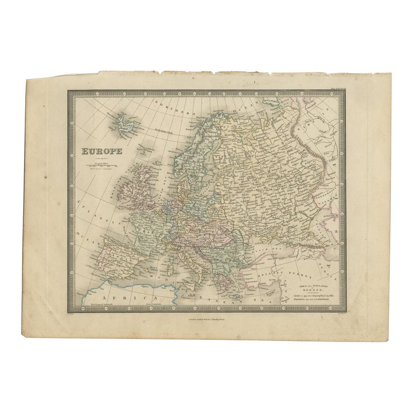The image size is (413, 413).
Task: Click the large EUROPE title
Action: click(102, 151)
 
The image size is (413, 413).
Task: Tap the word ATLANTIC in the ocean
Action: click(94, 210)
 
